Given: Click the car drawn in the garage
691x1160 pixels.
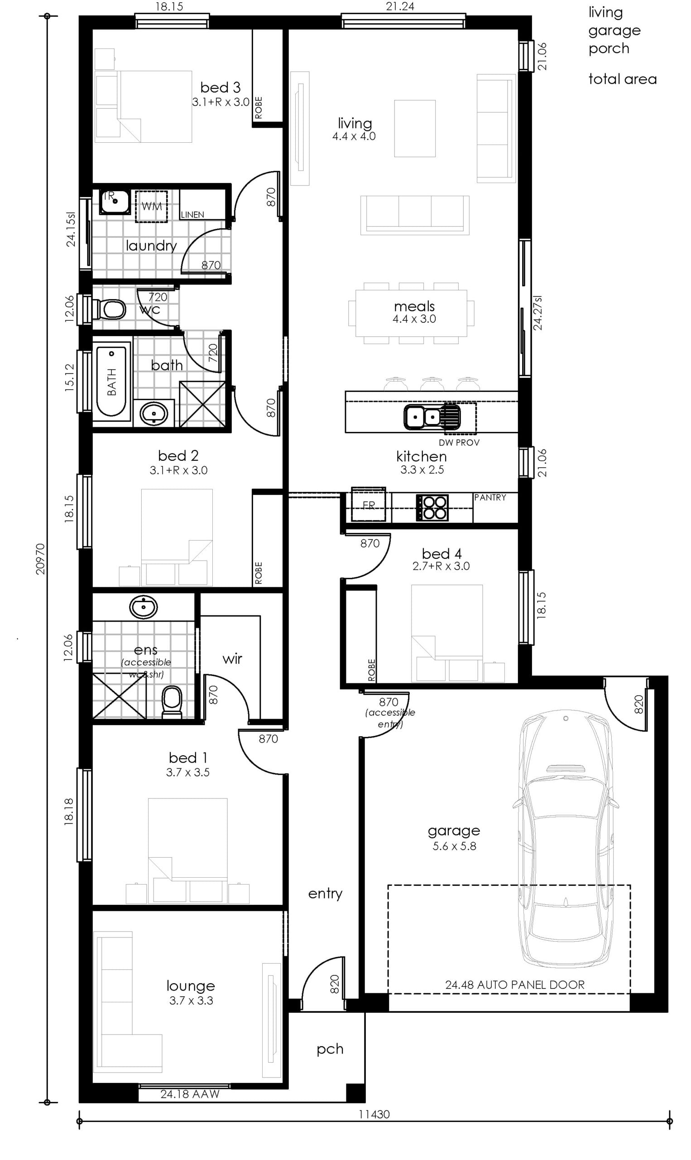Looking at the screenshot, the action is pos(565,839).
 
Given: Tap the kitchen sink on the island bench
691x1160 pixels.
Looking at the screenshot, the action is pos(432,416).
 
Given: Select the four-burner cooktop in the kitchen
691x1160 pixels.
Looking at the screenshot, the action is pos(432,507).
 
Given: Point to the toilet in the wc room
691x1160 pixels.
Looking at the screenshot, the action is pos(109,309).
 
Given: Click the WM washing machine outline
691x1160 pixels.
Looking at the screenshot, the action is pos(151,206).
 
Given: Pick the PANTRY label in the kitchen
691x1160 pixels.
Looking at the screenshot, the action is pos(490,498).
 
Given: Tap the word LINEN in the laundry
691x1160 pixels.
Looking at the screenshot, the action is pos(192,214).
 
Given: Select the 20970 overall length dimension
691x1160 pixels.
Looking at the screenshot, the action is pos(40,559).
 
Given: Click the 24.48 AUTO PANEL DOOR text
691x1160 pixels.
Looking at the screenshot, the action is pos(514,984).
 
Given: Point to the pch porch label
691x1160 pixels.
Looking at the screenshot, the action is pos(330,1049).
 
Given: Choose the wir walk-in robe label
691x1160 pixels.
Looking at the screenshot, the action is pos(232,659).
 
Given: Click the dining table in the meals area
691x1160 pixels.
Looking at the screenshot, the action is pos(411,313).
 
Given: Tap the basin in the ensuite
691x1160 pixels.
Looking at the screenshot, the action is pos(144,607).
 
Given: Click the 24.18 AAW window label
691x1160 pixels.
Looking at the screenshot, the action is pos(190,1094).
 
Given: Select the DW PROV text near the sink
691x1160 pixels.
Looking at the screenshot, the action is pos(459,443).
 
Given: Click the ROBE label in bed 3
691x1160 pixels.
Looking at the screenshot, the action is pos(259,107).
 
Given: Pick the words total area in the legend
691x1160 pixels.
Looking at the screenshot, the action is pos(623,79).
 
